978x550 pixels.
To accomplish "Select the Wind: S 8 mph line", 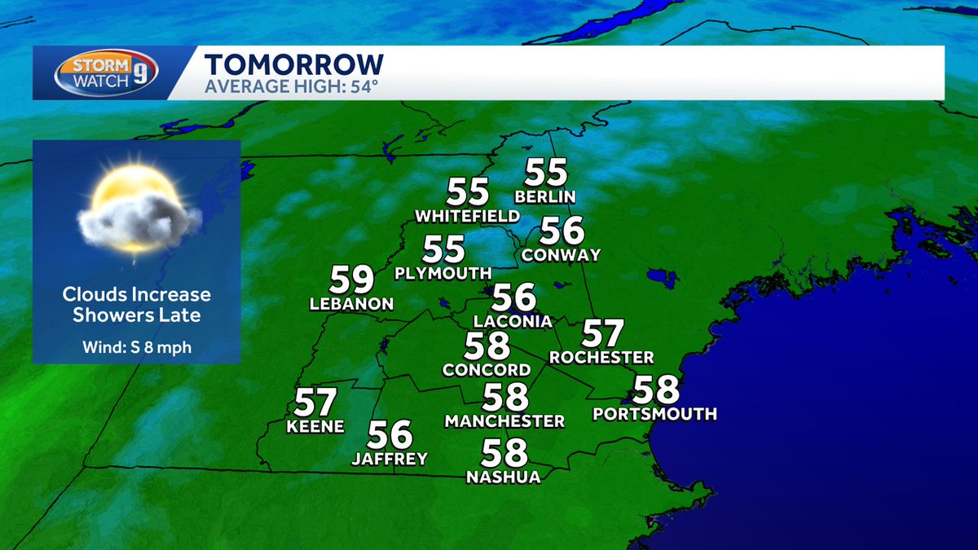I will pyautogui.click(x=136, y=347).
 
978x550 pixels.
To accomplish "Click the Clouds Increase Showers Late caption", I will pyautogui.click(x=136, y=305).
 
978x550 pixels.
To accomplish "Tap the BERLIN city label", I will pyautogui.click(x=545, y=196).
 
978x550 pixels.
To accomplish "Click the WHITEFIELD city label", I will pyautogui.click(x=467, y=216).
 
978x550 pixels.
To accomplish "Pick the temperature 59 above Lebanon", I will pyautogui.click(x=352, y=279).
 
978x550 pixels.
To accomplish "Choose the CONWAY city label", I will pyautogui.click(x=561, y=255).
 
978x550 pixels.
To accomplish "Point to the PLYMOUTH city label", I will pyautogui.click(x=443, y=273).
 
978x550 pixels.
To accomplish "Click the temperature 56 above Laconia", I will pyautogui.click(x=514, y=297).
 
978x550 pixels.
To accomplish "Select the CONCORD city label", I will pyautogui.click(x=487, y=370).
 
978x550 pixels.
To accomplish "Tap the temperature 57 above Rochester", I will pyautogui.click(x=602, y=333).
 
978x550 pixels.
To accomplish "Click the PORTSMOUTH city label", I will pyautogui.click(x=655, y=414).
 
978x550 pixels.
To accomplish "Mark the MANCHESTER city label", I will pyautogui.click(x=504, y=421).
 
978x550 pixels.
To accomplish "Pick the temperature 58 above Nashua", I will pyautogui.click(x=504, y=452).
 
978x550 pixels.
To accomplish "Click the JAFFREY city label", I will pyautogui.click(x=390, y=459).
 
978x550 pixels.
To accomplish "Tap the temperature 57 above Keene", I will pyautogui.click(x=315, y=402).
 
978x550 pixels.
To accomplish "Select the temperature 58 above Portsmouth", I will pyautogui.click(x=656, y=389).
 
